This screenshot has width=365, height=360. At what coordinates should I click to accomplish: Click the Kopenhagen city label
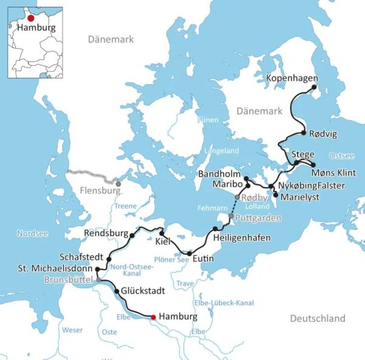coord(292,79)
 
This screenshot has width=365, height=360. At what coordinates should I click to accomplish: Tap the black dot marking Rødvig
coord(303,133)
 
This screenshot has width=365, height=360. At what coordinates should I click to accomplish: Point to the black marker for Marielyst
coord(276,195)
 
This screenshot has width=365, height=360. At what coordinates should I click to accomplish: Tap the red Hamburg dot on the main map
coord(153,317)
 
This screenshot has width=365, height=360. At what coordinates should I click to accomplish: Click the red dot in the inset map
coord(31,18)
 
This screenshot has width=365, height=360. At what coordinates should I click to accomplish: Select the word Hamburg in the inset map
coord(36,28)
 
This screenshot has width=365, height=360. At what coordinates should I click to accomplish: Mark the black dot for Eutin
coord(189,254)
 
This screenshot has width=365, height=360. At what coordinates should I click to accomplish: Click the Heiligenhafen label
coord(242,238)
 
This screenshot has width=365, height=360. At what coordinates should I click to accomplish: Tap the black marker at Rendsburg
coord(132,235)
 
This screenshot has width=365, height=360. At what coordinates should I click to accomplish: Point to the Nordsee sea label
coord(30,233)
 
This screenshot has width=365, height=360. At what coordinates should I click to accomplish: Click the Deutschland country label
coord(317,319)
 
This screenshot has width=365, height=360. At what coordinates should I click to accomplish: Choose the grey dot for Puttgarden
coord(231,216)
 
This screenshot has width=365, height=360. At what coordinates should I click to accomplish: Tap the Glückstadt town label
coord(142,291)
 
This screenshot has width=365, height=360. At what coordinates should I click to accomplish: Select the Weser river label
coord(72,330)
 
